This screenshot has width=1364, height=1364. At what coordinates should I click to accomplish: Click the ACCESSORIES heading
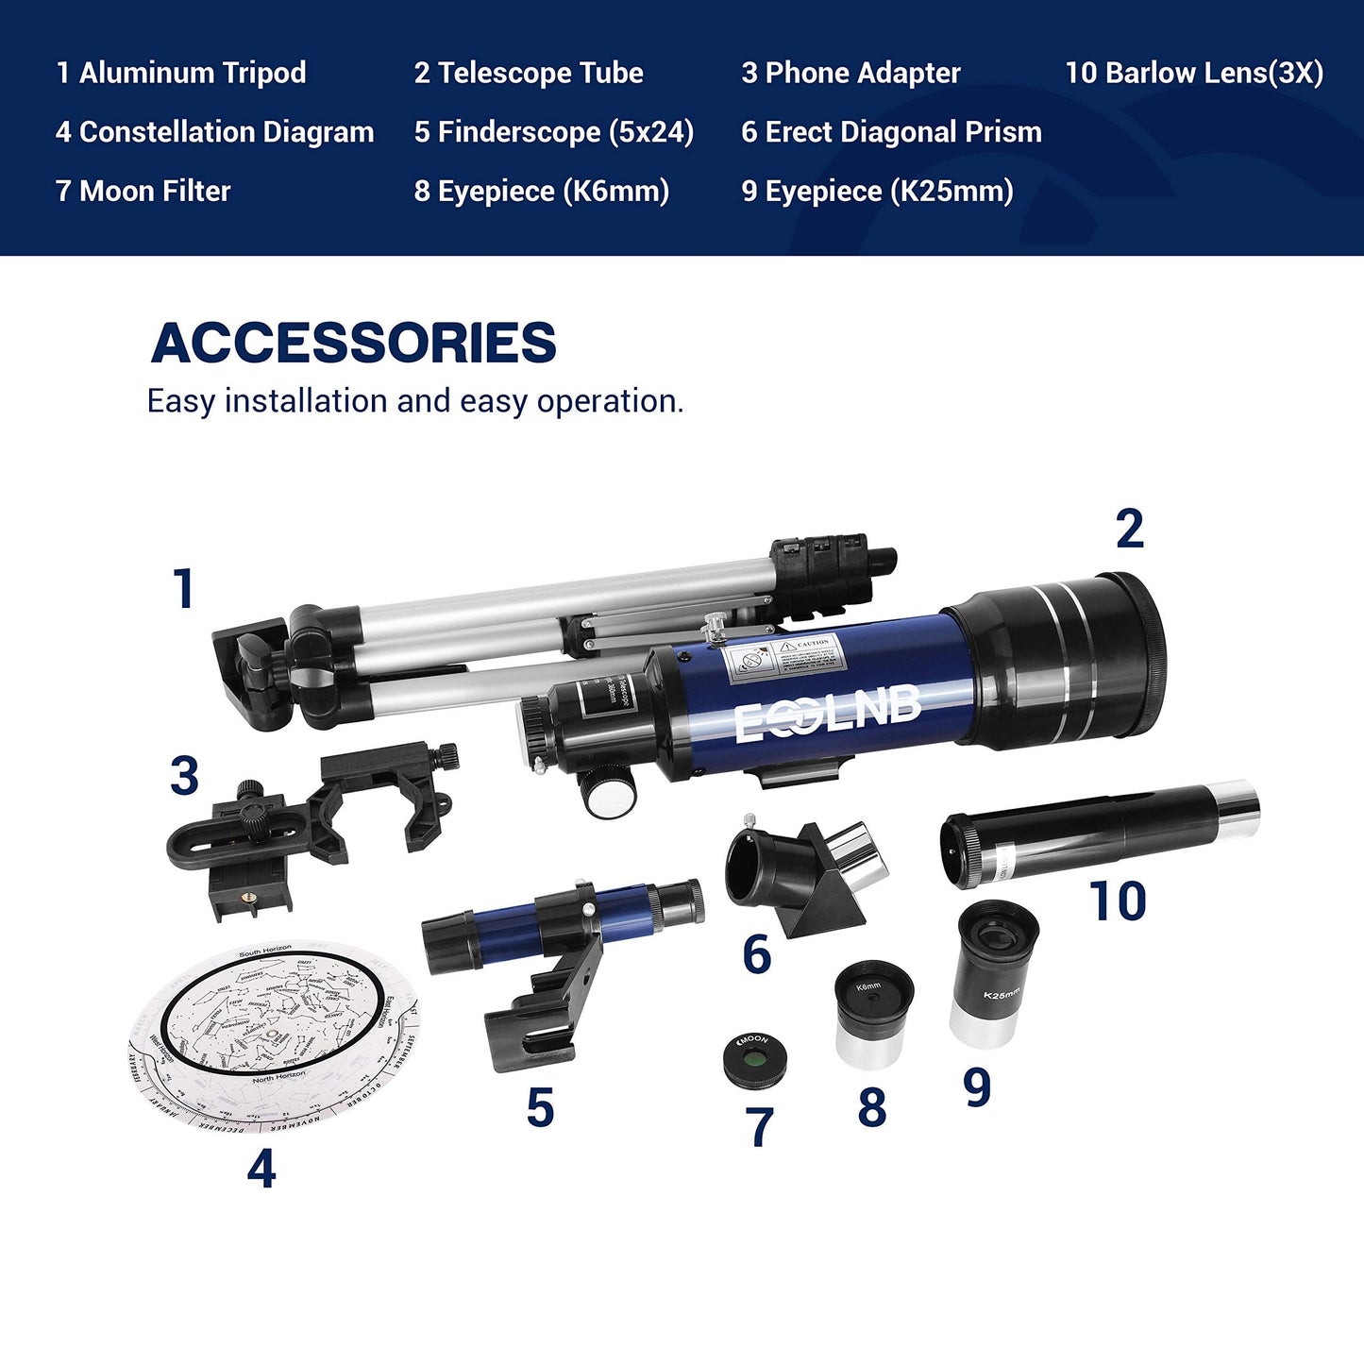354,343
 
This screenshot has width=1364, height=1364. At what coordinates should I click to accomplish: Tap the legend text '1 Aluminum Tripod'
181,73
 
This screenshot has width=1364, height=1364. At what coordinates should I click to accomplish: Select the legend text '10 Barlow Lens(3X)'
1194,73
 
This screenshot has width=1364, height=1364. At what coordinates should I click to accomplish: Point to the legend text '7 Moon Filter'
143,191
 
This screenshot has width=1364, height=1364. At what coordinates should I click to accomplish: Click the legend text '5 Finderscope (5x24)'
554,132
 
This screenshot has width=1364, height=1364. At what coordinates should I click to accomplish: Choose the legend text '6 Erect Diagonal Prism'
891,132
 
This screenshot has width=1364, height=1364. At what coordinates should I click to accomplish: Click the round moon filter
755,1059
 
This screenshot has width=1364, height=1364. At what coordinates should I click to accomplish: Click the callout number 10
1118,901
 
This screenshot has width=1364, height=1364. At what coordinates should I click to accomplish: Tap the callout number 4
261,1170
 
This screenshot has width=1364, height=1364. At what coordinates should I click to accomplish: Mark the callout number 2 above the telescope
1129,529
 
